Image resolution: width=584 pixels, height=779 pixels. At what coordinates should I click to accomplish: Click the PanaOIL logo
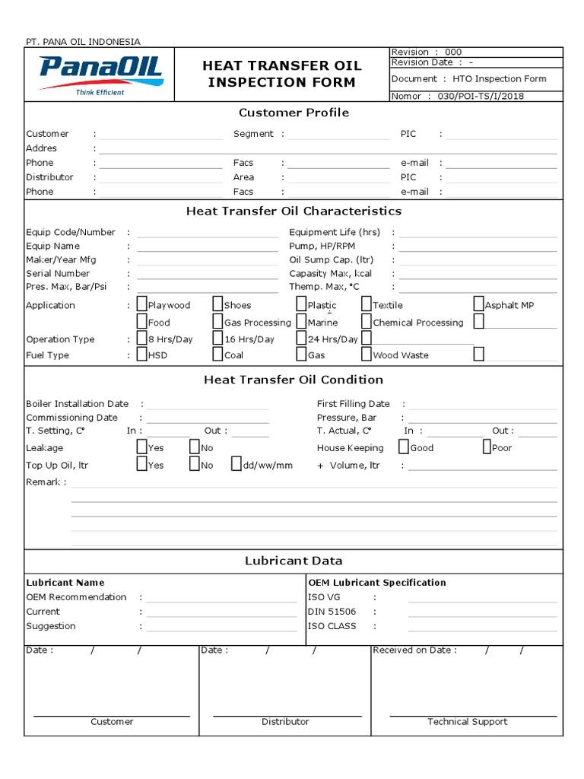(x=100, y=75)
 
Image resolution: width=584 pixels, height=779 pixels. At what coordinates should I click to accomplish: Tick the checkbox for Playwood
(x=142, y=305)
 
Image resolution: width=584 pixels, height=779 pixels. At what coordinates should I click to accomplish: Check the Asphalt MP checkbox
(x=479, y=304)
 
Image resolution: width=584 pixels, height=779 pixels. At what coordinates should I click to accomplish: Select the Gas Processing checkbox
(x=218, y=322)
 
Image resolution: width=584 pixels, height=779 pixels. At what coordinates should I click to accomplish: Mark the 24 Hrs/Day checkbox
(x=302, y=339)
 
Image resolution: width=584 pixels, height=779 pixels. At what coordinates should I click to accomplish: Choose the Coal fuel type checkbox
(x=218, y=355)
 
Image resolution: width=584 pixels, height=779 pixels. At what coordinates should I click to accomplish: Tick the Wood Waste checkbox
(x=367, y=355)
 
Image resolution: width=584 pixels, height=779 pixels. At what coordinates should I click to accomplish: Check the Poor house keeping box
(x=487, y=447)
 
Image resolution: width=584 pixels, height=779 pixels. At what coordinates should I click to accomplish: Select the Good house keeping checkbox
(x=405, y=447)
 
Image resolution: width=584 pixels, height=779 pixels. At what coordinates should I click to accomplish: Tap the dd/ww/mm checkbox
(x=236, y=465)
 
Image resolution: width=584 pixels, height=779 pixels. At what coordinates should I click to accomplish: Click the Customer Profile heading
(x=294, y=113)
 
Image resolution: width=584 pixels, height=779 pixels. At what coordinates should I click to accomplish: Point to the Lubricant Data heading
(x=294, y=561)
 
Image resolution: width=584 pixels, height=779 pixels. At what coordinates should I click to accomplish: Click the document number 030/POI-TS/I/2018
(x=481, y=96)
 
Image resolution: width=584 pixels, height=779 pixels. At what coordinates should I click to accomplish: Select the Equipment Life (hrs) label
(x=335, y=232)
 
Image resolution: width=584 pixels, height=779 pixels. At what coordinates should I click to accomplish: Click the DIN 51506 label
(x=332, y=612)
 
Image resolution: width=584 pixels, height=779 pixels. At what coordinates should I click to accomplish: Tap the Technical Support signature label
(x=467, y=721)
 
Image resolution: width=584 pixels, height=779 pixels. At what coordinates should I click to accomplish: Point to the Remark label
(x=44, y=482)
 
